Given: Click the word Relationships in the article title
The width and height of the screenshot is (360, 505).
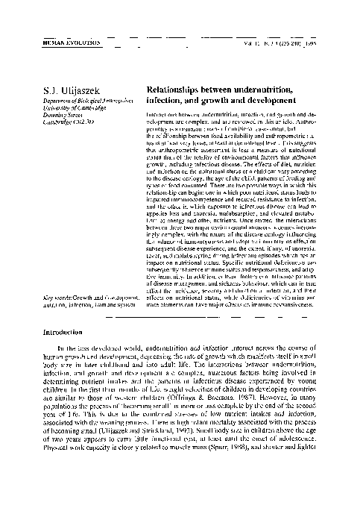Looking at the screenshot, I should (x=177, y=90).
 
